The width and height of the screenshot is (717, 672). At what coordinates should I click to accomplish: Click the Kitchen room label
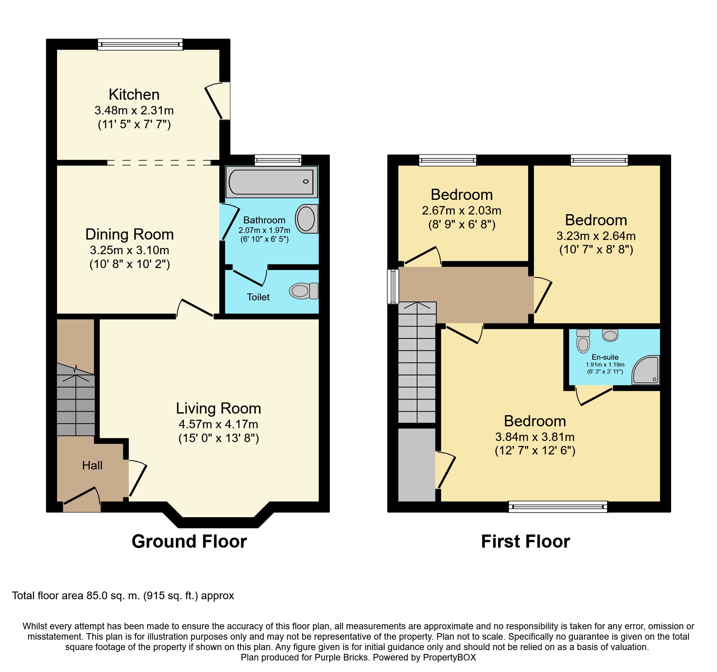coord(134,94)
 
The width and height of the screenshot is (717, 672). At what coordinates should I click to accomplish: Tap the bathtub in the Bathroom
coord(272,182)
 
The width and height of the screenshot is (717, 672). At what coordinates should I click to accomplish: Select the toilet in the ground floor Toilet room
coord(304,291)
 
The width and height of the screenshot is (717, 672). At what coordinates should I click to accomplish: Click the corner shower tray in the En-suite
coord(646,370)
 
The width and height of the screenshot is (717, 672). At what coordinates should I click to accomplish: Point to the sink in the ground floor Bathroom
coord(306,219)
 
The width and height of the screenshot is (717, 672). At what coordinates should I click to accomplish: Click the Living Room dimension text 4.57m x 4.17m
coord(219,424)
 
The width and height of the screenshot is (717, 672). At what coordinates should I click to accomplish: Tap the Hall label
coord(92,466)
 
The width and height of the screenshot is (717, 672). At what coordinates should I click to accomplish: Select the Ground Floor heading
coord(189,541)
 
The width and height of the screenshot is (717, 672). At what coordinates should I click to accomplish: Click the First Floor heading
coord(525,541)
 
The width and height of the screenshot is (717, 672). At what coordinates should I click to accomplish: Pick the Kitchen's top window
coord(140,44)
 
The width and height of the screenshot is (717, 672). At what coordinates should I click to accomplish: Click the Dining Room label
coord(130,234)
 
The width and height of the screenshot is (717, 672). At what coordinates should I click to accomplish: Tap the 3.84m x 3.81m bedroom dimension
coord(535,437)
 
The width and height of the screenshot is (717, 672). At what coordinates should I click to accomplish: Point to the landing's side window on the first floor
coord(393,287)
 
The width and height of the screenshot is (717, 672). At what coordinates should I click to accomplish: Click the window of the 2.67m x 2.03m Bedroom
coord(448,160)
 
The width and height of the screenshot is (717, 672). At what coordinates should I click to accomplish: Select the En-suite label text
coord(605,357)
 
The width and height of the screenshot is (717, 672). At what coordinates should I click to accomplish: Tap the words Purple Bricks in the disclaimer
coord(341,657)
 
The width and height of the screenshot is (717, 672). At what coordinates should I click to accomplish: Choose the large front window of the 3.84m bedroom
coord(558,506)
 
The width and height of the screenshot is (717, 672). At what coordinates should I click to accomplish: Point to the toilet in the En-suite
coord(583,341)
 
